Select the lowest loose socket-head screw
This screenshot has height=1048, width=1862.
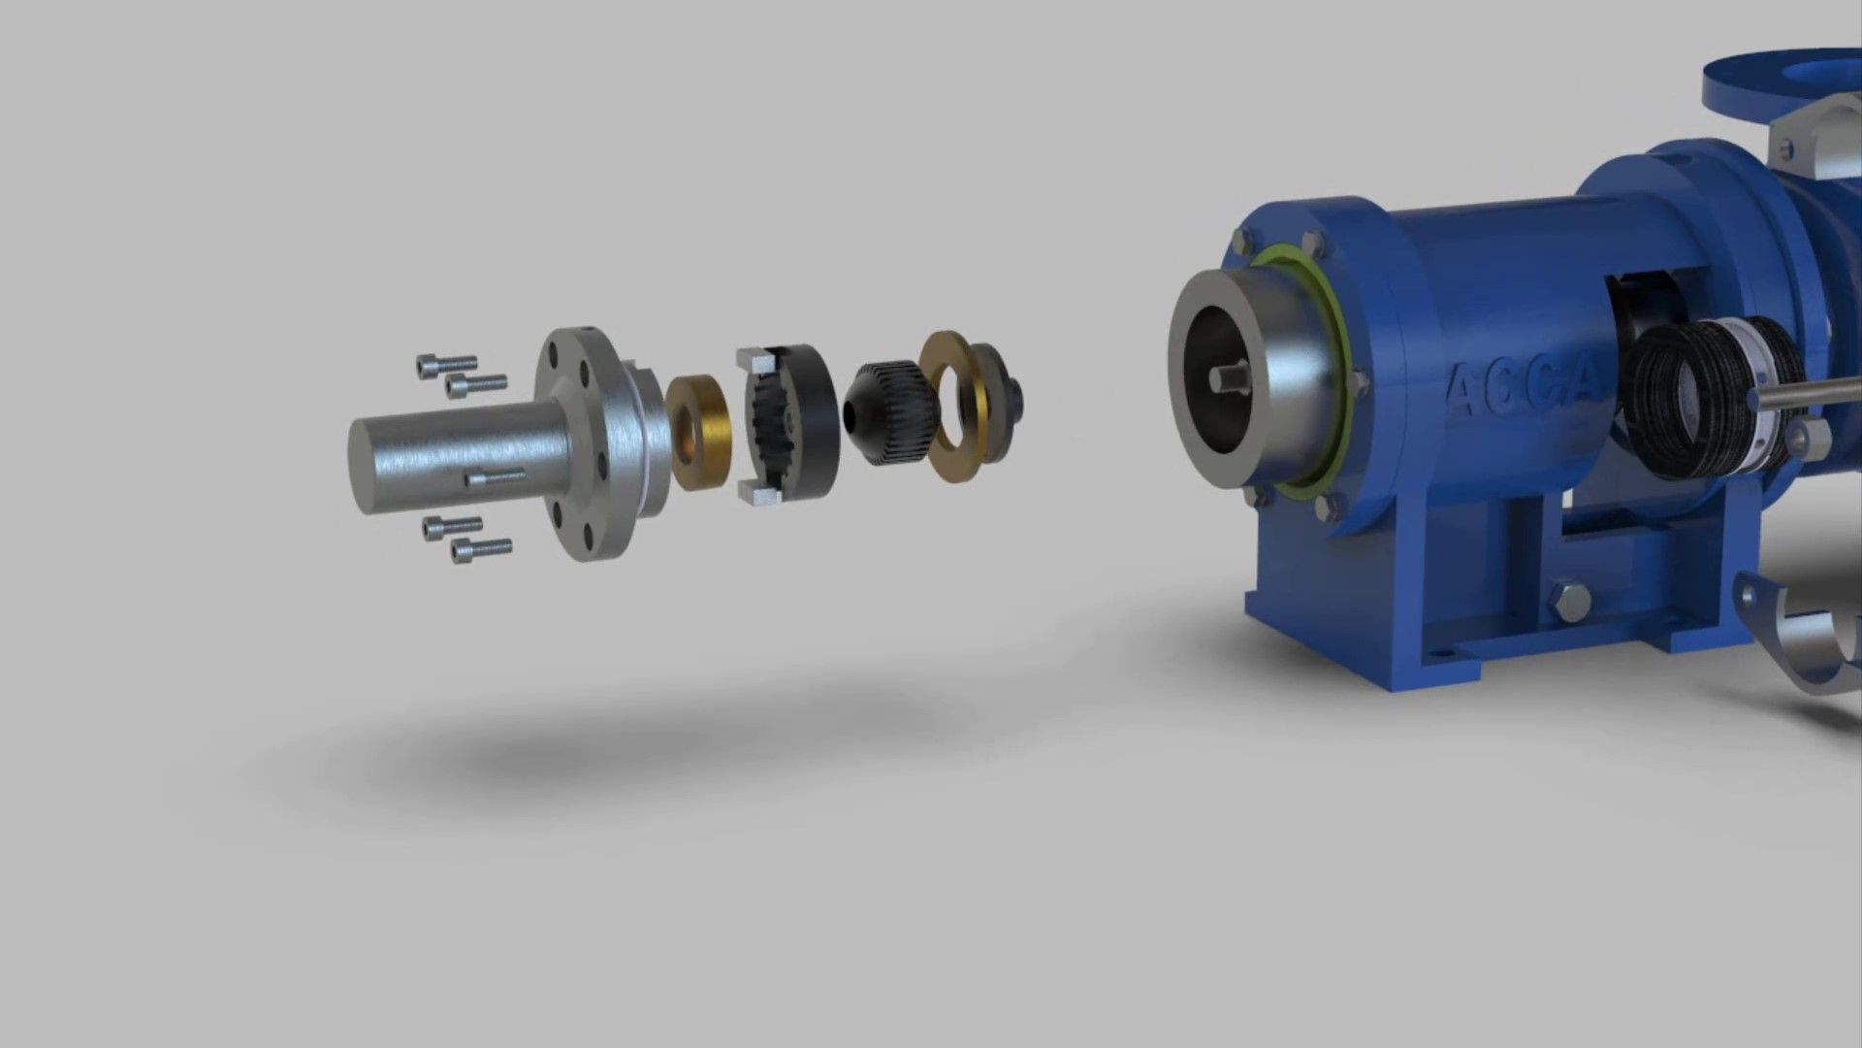tap(481, 550)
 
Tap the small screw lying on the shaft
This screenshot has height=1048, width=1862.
tap(496, 477)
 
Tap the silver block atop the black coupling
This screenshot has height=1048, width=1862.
tap(753, 360)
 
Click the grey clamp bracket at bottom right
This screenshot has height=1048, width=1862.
tap(1804, 640)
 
